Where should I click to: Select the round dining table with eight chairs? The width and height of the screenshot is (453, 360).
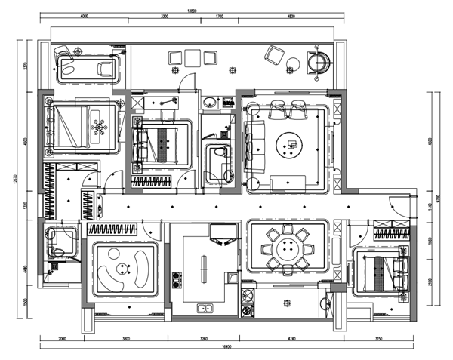click(x=288, y=247)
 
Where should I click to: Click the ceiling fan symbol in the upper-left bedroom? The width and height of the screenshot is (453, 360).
click(x=99, y=128)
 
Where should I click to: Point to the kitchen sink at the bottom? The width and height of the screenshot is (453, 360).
click(x=205, y=308)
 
